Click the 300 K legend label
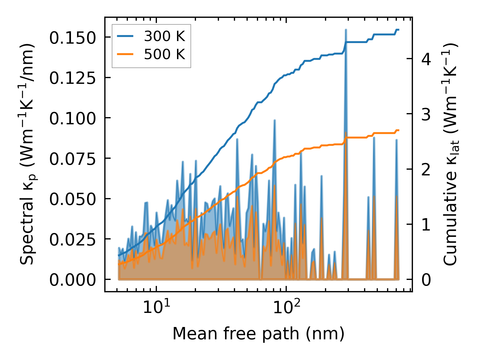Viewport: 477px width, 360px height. pyautogui.click(x=164, y=36)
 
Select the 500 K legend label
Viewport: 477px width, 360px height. pyautogui.click(x=164, y=54)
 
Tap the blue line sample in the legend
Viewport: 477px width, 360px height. pyautogui.click(x=125, y=36)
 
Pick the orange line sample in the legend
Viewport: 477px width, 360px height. pyautogui.click(x=125, y=54)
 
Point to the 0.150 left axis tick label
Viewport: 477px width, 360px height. pyautogui.click(x=72, y=38)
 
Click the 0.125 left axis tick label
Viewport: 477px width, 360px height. pyautogui.click(x=72, y=78)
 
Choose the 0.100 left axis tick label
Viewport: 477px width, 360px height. pyautogui.click(x=72, y=118)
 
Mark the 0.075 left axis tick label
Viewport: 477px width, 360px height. pyautogui.click(x=72, y=159)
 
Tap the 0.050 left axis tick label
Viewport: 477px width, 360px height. pyautogui.click(x=72, y=199)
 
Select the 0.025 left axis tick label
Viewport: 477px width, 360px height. pyautogui.click(x=72, y=239)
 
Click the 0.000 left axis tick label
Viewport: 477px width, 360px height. pyautogui.click(x=72, y=280)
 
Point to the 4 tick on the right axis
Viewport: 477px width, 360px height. pyautogui.click(x=426, y=59)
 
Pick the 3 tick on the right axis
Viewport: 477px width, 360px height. pyautogui.click(x=426, y=114)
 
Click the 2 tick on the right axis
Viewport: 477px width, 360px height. pyautogui.click(x=426, y=169)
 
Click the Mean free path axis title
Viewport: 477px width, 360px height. pyautogui.click(x=258, y=334)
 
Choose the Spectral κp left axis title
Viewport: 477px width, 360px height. pyautogui.click(x=27, y=154)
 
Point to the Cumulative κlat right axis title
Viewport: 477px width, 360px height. pyautogui.click(x=450, y=154)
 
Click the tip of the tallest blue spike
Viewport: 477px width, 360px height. pyautogui.click(x=346, y=30)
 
